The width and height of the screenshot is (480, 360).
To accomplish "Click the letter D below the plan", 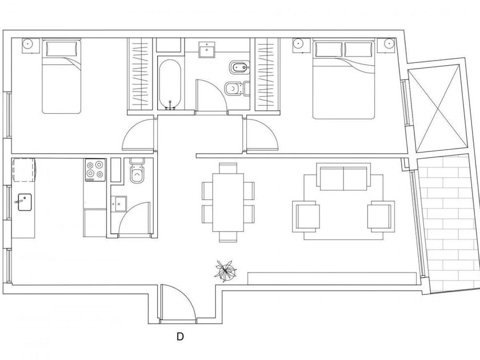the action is pos(180,337).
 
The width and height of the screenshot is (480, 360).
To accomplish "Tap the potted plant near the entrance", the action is pos(226,270).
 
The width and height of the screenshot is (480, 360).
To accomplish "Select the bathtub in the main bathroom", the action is pos(170,84).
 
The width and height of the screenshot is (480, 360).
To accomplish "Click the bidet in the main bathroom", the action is pos(239,67).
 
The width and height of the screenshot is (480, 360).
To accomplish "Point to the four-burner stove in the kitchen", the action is pos(95,170).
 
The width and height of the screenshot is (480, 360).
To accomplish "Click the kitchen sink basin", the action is pos(25,202).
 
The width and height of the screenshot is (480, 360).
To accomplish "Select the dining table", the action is pos(228,203).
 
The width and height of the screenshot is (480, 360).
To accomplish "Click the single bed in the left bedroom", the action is pos(61,76).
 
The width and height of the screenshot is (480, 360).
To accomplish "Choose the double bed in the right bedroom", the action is pos(343,79).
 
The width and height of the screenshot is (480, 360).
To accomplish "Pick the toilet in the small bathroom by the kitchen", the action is pos(137,170).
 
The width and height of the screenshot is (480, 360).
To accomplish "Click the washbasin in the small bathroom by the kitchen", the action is pos(118,203).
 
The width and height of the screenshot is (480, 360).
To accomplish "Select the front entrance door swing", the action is pos(178,302).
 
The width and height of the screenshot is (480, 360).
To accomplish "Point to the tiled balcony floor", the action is pos(448,223).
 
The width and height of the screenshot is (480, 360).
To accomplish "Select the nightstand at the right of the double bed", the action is pos(388,45).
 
